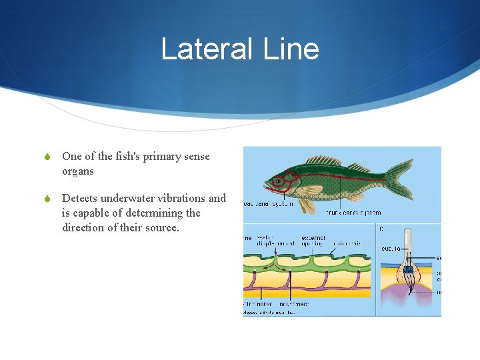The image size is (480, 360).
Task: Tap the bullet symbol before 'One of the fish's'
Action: tap(47, 157)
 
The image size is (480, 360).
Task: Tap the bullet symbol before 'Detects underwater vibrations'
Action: tap(47, 199)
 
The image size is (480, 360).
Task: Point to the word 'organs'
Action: tap(78, 171)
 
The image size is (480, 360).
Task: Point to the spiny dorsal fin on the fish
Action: tap(323, 161)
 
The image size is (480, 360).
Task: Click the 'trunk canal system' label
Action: tap(354, 213)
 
